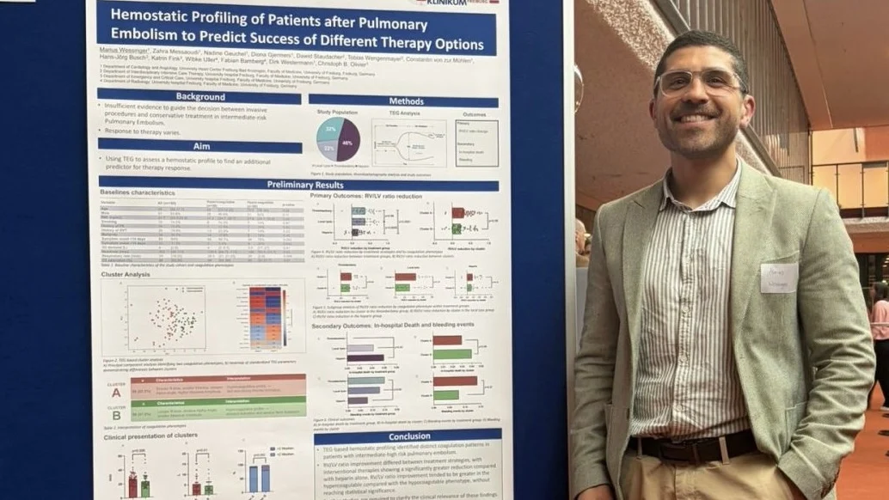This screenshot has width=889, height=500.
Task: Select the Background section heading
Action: [199, 97]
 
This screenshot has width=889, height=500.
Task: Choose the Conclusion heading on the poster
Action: [409, 436]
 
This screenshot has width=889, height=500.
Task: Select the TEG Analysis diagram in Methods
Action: [408, 143]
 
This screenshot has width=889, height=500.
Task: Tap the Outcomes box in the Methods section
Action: [475, 143]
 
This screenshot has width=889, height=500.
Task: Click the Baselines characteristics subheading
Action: [138, 193]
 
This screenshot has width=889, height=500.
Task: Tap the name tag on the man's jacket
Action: [778, 278]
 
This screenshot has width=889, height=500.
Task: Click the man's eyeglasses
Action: [698, 82]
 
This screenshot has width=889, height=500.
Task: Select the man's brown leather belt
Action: [692, 446]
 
